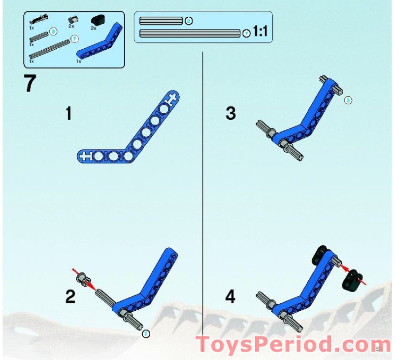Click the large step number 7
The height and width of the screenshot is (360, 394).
[x=30, y=84]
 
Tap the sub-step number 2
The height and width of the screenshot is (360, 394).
[x=71, y=297]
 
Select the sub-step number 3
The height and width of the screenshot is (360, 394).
[x=230, y=114]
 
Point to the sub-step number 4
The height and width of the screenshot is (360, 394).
[x=230, y=297]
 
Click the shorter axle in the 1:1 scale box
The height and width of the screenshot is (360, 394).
[x=161, y=21]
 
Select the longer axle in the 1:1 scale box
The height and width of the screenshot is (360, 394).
[x=190, y=33]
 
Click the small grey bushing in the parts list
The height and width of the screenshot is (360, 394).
[x=72, y=20]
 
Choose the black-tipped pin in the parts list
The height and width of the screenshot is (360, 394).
[x=37, y=20]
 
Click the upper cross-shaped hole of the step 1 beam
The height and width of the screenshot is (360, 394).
[x=171, y=99]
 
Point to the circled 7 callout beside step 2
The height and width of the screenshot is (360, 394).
[x=145, y=334]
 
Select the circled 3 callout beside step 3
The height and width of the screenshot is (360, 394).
[x=348, y=100]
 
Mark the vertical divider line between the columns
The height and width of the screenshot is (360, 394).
[x=203, y=197]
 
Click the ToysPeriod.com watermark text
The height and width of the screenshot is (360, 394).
[x=291, y=345]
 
